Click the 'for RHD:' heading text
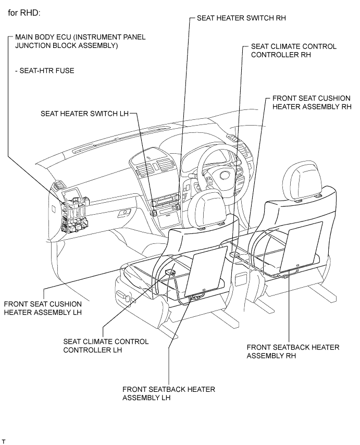(26, 13)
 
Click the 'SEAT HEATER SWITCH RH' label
(241, 18)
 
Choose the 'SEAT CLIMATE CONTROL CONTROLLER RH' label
(293, 51)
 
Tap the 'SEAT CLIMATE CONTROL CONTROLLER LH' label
(105, 345)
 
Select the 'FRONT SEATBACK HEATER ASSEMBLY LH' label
(168, 393)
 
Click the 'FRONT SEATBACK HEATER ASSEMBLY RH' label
(293, 352)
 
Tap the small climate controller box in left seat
(169, 271)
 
